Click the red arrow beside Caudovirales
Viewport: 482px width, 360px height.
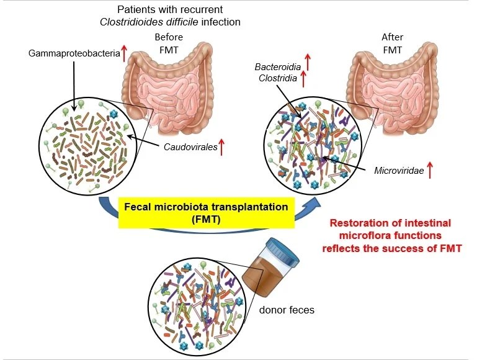(221, 148)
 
